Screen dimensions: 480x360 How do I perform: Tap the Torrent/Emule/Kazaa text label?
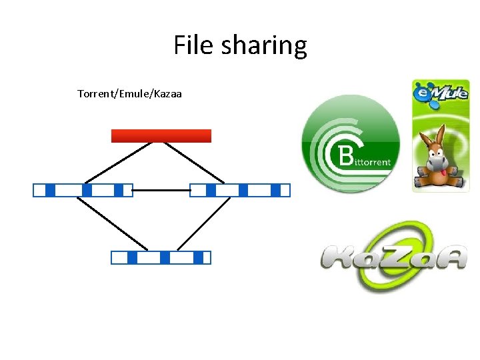[x=129, y=93]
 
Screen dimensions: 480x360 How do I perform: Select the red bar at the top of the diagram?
[x=161, y=136]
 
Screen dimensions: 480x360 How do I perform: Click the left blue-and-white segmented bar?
[x=83, y=191]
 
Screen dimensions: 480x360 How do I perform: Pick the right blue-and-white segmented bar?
[x=240, y=191]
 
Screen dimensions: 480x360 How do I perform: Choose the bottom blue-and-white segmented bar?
[x=161, y=257]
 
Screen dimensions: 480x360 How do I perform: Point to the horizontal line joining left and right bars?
[x=161, y=191]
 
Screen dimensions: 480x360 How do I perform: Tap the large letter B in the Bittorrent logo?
[x=347, y=157]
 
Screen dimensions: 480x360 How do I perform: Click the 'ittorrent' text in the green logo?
[x=373, y=161]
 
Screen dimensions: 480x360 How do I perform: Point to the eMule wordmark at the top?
[x=440, y=91]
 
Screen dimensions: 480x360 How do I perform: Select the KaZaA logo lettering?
[x=393, y=257]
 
